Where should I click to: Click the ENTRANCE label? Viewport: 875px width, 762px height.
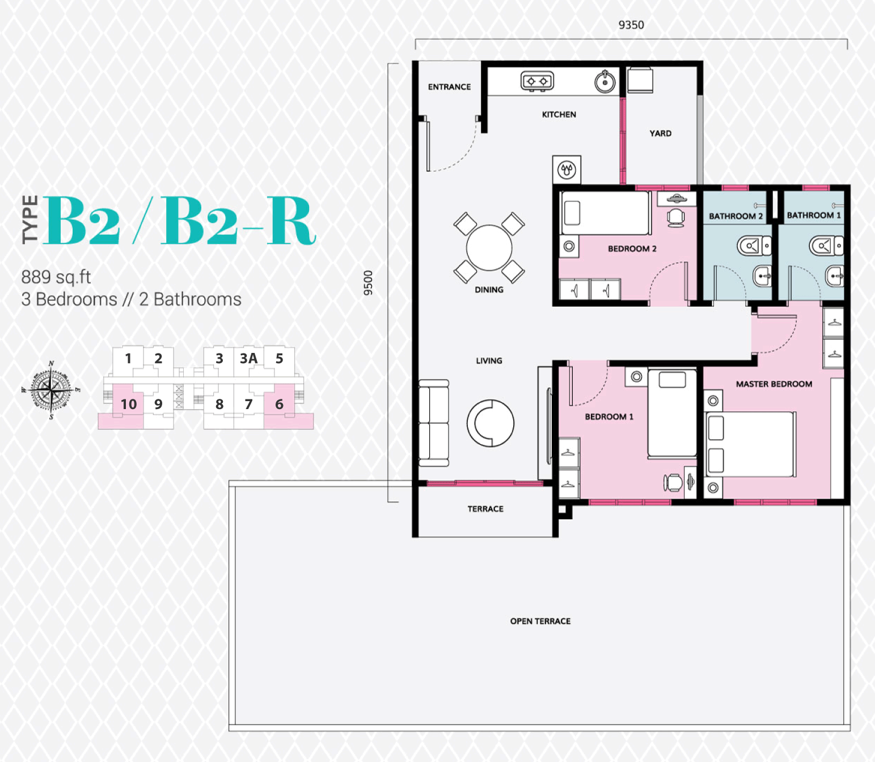pos(449,87)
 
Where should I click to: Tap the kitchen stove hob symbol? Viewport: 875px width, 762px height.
pos(537,81)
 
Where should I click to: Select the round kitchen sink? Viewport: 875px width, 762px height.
pos(605,81)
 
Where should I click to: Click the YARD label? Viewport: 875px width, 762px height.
pos(660,133)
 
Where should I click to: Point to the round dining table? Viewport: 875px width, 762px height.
pos(489,248)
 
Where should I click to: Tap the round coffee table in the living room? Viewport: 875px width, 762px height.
pos(491,423)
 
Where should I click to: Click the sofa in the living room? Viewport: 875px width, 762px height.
pos(434,423)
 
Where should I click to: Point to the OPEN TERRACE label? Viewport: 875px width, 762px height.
pos(540,621)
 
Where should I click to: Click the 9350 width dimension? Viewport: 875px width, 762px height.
pos(631,25)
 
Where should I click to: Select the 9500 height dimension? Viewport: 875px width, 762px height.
pos(368,283)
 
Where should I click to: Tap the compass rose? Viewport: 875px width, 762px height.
pos(51,390)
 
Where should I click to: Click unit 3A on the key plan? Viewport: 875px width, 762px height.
pos(249,359)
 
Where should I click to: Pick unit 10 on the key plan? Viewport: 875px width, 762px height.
pos(128,404)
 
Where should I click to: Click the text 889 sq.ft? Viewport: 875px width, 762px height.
pos(56,277)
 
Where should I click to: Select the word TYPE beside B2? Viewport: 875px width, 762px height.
pos(30,220)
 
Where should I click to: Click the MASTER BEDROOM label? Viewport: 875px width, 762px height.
pos(774,384)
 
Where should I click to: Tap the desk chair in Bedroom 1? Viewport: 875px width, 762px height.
pos(673,482)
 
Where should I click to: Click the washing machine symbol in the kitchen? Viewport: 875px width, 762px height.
pos(567,170)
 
